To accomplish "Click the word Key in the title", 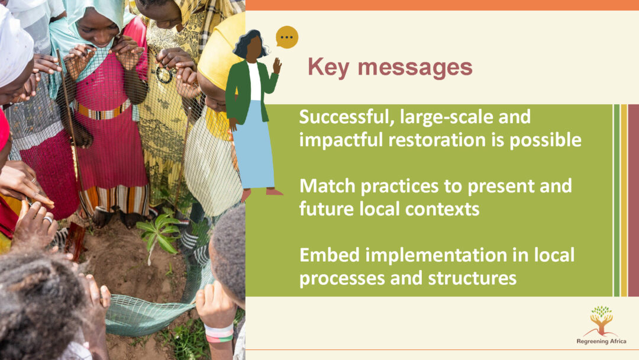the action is pos(328,67).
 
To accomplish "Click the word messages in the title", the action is pos(415,67).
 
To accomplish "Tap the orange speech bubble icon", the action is pos(287,37).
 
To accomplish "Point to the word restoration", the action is pos(437,140).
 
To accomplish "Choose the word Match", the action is pos(328,186).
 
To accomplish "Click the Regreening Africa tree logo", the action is pos(602,321).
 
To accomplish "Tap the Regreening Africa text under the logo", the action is pos(601,341).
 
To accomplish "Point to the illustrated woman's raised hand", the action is pos(277,65).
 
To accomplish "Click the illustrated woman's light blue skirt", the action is pos(253,144).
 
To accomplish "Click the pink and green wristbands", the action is pos(219,333).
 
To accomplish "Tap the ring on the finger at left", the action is pos(48,220).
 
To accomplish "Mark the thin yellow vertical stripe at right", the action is pos(624,200).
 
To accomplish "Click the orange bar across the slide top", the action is pos(442,5).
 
